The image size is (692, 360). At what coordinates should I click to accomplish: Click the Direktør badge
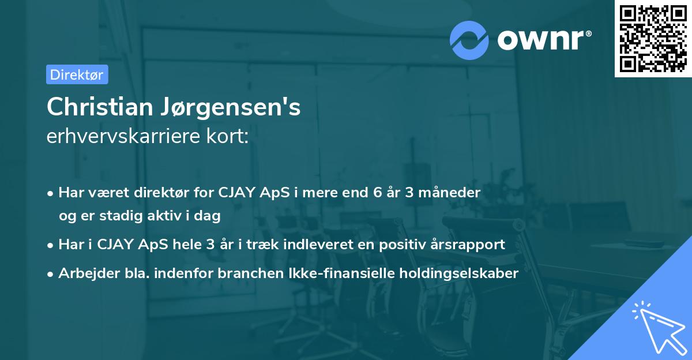coord(77,74)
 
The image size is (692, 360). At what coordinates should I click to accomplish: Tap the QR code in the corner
coord(652,38)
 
